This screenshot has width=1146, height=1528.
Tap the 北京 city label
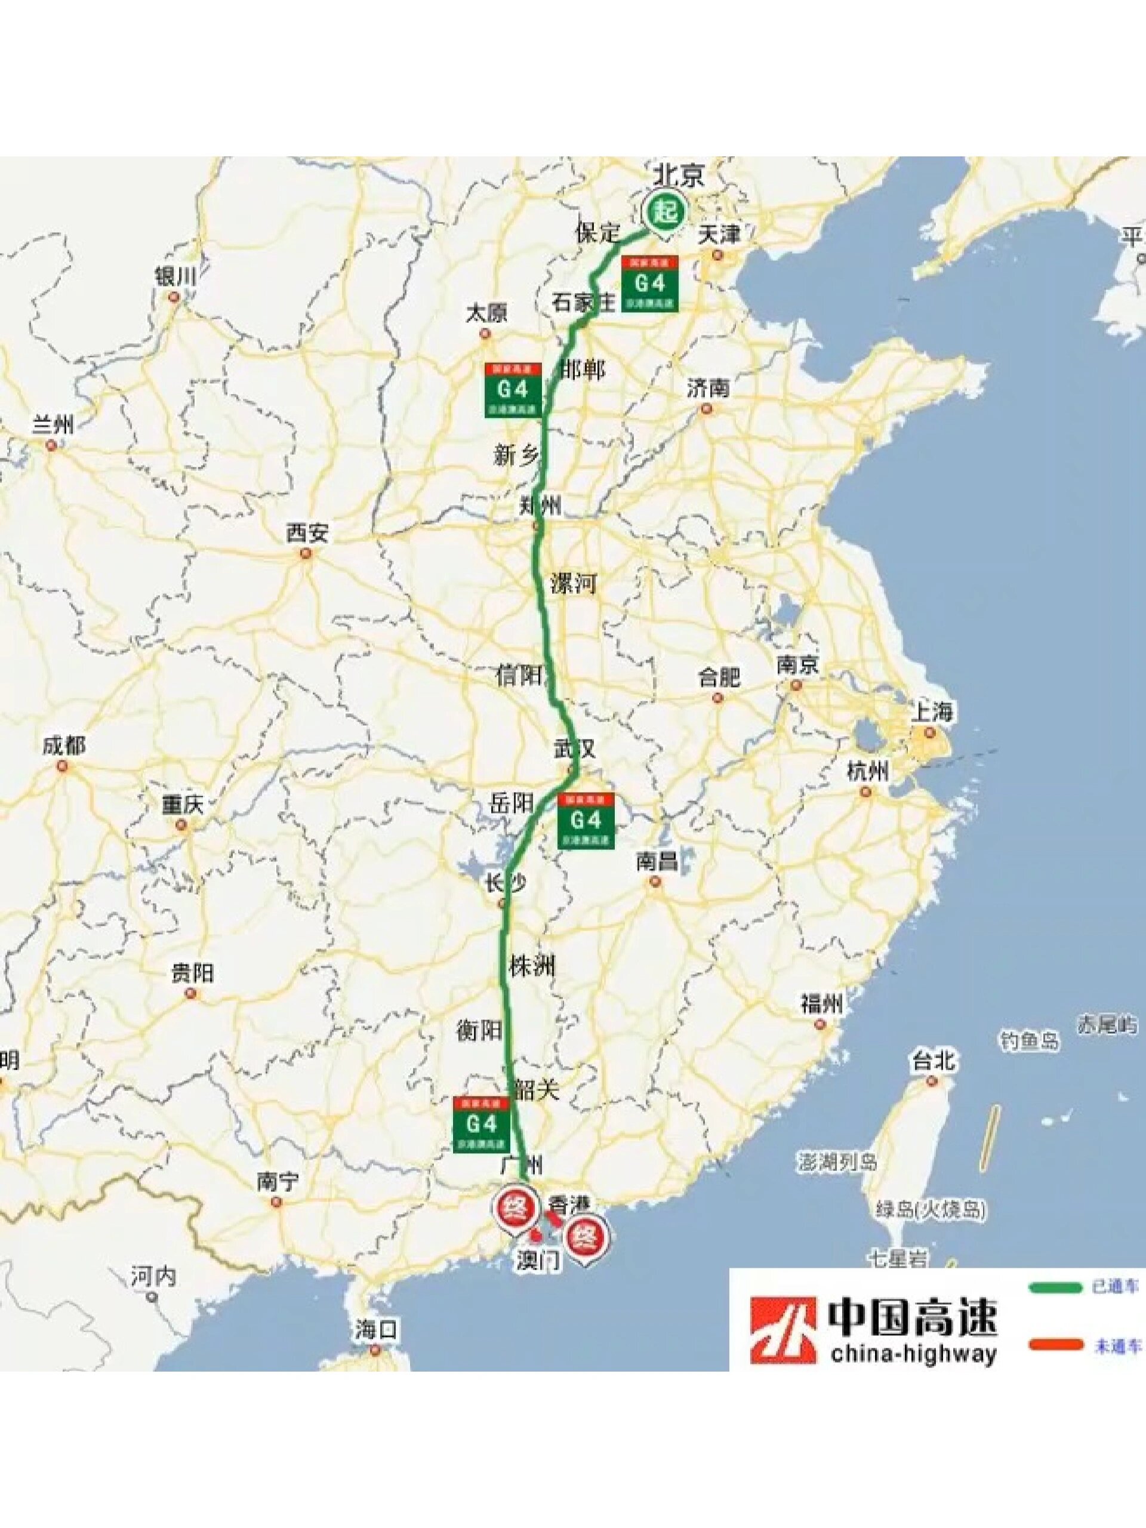point(679,175)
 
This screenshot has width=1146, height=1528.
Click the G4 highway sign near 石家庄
point(649,284)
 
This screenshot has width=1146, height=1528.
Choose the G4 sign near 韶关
point(482,1124)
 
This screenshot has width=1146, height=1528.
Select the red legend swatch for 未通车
point(1054,1345)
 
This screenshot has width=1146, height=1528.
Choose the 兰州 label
point(53,425)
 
